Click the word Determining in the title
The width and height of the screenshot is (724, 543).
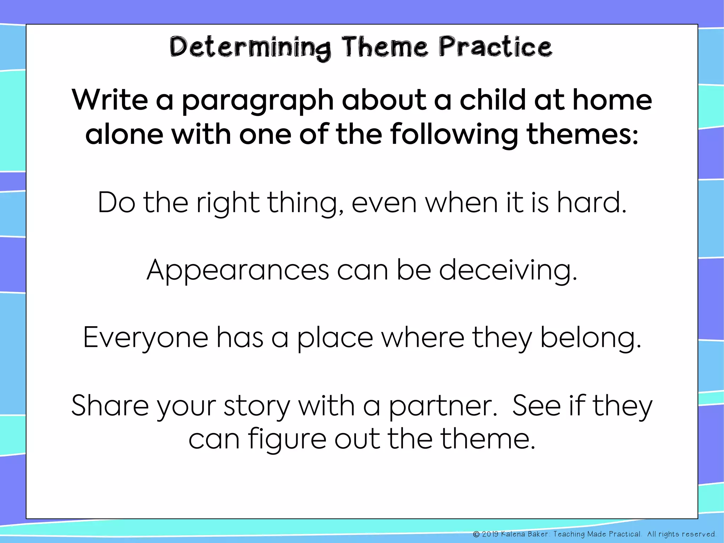(x=250, y=48)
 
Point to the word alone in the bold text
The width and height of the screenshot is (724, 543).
(x=124, y=134)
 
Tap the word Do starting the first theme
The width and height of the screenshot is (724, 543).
(x=116, y=203)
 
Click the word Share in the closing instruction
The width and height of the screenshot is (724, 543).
(x=110, y=406)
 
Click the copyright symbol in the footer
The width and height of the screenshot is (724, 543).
(x=476, y=534)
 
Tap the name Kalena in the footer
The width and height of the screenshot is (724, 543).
(x=513, y=534)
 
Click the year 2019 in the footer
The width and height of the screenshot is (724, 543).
(x=490, y=534)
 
